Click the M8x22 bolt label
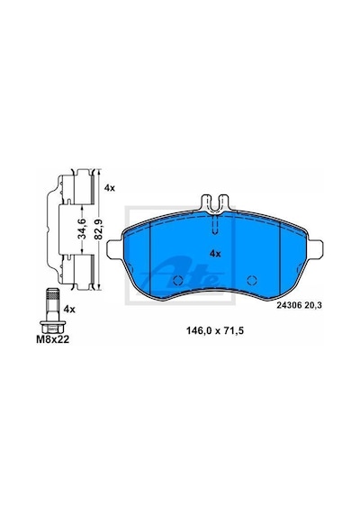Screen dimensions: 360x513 (53, 339)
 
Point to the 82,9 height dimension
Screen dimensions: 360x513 (99, 229)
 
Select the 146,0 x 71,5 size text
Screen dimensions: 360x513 (215, 331)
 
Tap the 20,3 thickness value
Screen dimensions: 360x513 (313, 305)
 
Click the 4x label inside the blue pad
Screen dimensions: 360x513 (215, 253)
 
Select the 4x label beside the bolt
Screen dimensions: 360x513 (69, 310)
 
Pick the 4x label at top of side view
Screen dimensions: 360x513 (110, 188)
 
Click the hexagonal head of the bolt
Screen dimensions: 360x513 (53, 327)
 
